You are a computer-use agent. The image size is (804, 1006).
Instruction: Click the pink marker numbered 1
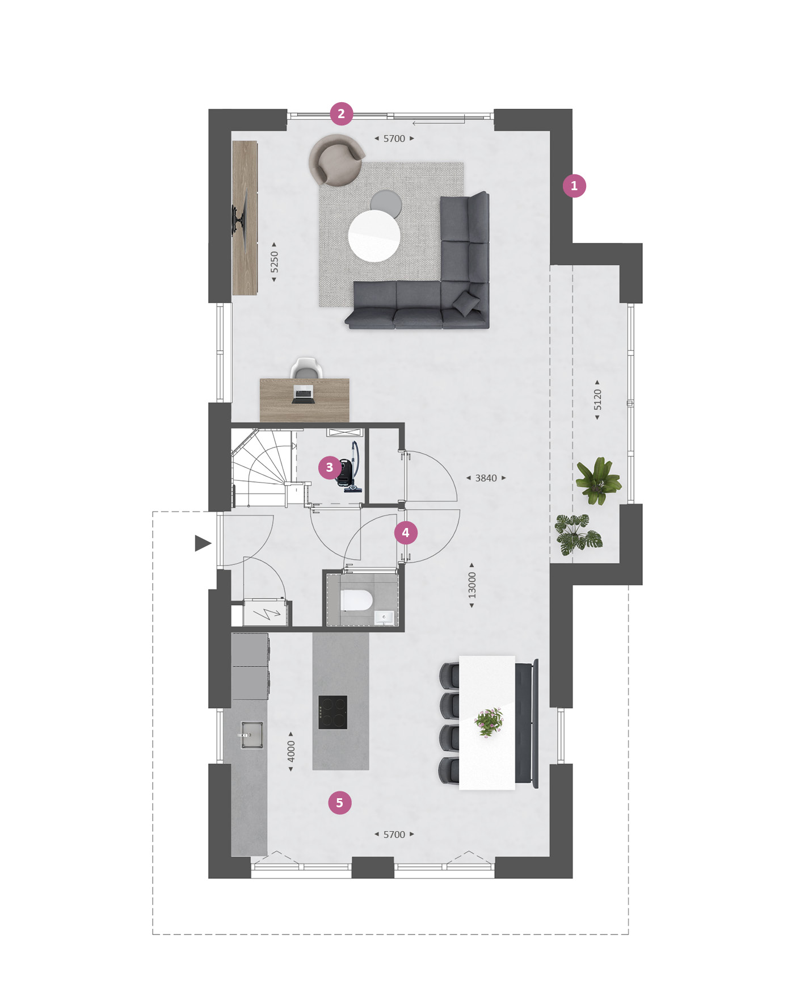point(574,186)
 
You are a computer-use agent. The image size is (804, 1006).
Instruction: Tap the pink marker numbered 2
point(342,114)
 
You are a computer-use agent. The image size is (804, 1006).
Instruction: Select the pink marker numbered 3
point(330,468)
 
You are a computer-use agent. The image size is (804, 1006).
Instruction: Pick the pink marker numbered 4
point(406,533)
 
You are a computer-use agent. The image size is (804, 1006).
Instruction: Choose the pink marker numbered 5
point(340,803)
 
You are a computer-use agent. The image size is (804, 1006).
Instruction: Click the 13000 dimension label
point(472,585)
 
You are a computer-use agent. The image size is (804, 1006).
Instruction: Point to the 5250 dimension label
point(275,262)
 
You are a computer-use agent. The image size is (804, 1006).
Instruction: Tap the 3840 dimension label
point(486,478)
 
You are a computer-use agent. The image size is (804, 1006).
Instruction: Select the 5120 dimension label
point(597,400)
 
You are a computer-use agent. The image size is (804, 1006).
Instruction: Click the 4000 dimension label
point(291,752)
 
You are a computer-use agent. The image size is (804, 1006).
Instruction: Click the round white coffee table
point(374,236)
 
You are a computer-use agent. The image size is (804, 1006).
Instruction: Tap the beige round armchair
point(336,160)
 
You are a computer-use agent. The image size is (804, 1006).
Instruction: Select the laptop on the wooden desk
point(303,393)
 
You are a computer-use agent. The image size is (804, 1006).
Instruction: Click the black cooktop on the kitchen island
point(332,712)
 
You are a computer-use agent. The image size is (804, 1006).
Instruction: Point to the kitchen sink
point(251,735)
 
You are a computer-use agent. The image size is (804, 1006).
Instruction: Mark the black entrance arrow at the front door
point(203,543)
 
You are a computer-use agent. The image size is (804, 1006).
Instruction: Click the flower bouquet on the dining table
point(489,722)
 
